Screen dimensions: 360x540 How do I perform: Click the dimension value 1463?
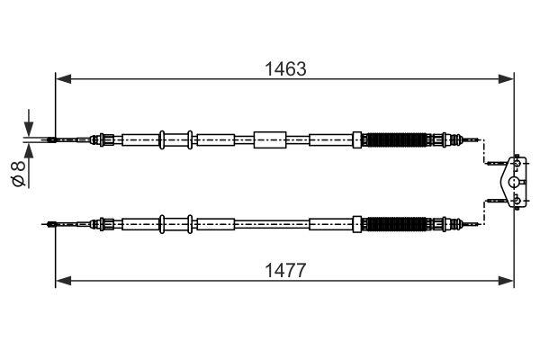(x=285, y=68)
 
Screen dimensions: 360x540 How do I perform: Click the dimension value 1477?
(x=285, y=270)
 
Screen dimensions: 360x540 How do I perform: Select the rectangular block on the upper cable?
(x=269, y=139)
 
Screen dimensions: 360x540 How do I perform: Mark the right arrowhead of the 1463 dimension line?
(x=508, y=79)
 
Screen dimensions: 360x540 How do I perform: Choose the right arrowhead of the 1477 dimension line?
(x=508, y=281)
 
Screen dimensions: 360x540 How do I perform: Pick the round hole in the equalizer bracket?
(x=514, y=181)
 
